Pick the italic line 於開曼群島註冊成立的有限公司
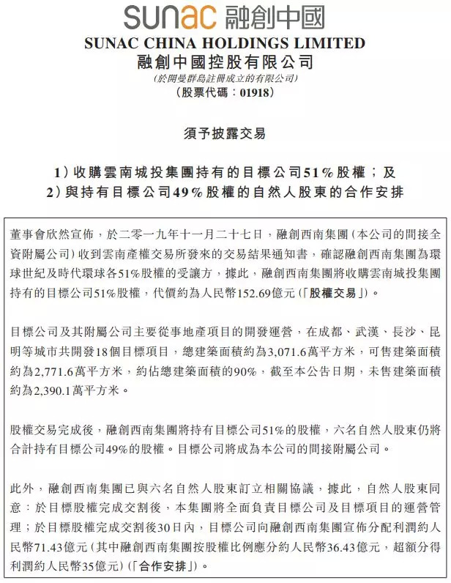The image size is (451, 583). tap(225, 78)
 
